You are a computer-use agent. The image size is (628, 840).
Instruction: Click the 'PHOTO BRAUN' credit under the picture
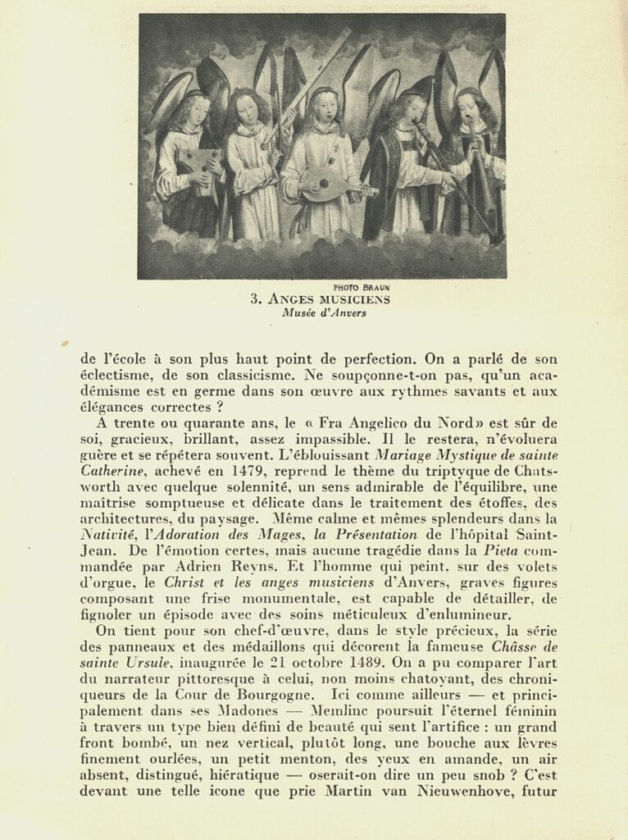coord(362,286)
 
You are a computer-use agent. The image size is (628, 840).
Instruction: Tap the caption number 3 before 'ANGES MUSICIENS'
coord(255,299)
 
